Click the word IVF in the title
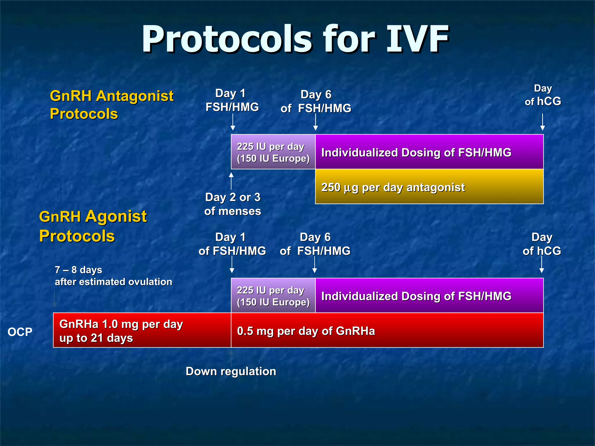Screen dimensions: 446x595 coord(417,39)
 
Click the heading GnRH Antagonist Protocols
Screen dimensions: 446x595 coord(112,105)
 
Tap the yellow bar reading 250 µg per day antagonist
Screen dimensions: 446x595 coord(429,187)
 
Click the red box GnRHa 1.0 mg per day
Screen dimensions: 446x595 coord(142,330)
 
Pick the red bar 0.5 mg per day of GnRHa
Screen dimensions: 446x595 coord(387,330)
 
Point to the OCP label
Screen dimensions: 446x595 coord(20,332)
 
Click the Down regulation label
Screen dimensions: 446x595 coord(231,371)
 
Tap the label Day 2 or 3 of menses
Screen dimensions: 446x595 coord(232,204)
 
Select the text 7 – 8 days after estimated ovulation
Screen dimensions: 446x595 coord(113,276)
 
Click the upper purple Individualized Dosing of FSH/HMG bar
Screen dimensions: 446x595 coord(429,152)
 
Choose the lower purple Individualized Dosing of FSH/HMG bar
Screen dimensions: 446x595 coord(429,296)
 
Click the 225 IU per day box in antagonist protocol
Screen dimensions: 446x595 coord(273,152)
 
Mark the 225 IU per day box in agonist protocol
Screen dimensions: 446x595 coord(273,296)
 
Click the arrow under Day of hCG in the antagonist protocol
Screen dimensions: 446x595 coord(542,122)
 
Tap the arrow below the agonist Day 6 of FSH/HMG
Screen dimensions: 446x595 coord(314,265)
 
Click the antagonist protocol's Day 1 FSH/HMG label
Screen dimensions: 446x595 coord(232,100)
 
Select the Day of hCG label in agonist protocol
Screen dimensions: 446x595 coord(542,244)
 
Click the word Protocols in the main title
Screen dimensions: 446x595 coord(227,39)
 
